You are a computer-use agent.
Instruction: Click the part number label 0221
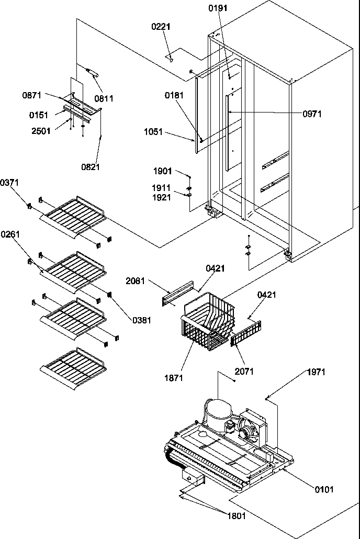point(162,27)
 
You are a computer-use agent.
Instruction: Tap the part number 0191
point(218,8)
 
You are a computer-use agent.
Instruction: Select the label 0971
point(327,114)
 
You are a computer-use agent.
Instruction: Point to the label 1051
point(153,133)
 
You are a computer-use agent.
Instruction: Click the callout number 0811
point(104,98)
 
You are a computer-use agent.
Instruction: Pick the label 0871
point(32,95)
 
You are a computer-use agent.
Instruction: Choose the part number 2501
point(41,131)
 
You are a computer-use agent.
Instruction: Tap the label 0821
point(90,167)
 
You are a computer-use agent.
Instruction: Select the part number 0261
point(10,234)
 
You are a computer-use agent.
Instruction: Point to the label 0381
point(141,320)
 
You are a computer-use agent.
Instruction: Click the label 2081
point(136,281)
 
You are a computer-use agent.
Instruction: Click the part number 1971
point(316,372)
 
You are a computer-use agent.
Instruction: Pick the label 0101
point(323,489)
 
